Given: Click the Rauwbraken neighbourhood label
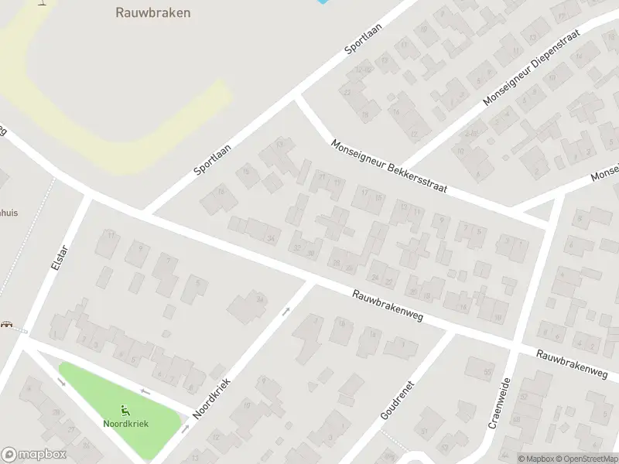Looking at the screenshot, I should point(153,12).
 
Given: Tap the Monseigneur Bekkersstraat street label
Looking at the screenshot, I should point(388,167).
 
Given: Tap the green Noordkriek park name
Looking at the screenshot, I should point(125,423).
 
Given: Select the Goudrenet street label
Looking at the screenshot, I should point(399,399).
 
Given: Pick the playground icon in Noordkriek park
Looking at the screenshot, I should point(125,410).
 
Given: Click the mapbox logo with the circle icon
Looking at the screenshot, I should point(33,455).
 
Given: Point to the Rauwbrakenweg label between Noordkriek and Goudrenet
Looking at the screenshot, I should point(387,306).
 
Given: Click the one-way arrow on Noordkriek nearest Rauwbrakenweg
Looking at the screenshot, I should point(286,312).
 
